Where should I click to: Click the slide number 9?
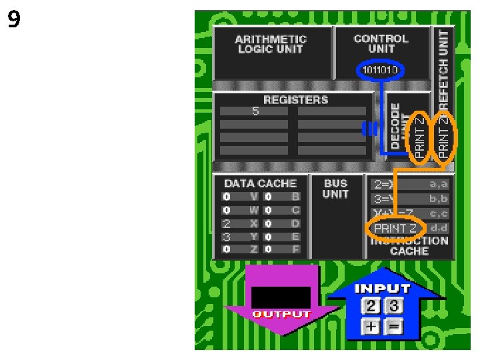coord(14,20)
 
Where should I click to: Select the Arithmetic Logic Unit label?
coord(271,44)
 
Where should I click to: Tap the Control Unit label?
coord(381,43)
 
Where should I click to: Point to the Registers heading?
coord(295,100)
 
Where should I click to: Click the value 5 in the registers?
coord(255,111)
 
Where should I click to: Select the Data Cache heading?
coord(260,183)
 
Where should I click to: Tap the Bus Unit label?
coord(335,189)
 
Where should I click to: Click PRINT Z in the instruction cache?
coord(395,229)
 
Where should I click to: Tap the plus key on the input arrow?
coord(371,327)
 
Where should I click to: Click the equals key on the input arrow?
coord(394,327)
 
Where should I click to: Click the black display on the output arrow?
coord(281,297)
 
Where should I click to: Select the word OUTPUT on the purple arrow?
coord(281,314)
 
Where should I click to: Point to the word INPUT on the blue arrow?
coord(382,289)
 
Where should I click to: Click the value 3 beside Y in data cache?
coord(227,237)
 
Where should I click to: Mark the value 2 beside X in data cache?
coord(227,223)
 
